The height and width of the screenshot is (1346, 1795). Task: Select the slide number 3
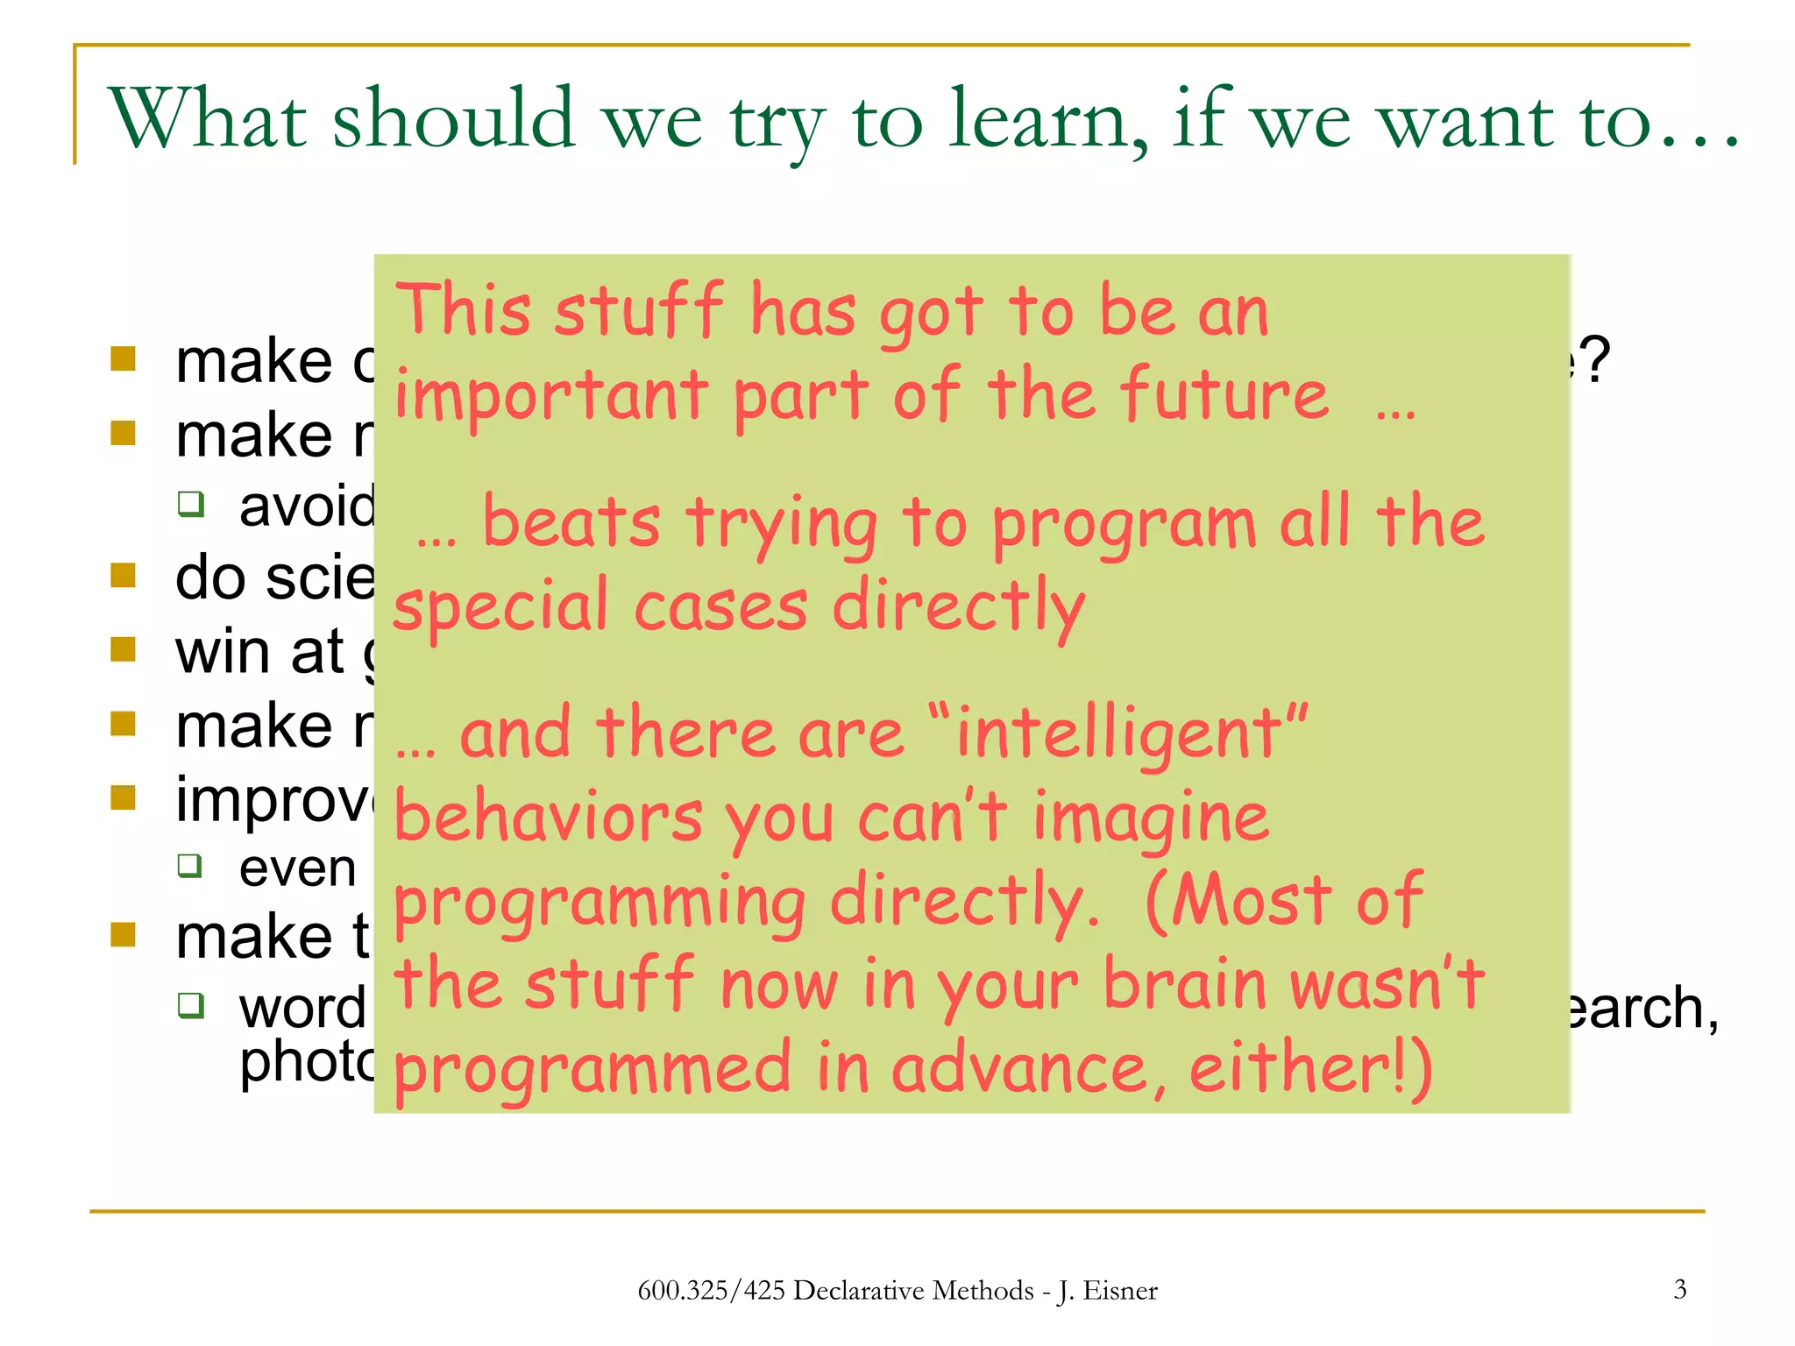(x=1679, y=1289)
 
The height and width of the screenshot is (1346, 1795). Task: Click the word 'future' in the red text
(x=1223, y=395)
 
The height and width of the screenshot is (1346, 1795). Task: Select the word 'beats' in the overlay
(x=571, y=523)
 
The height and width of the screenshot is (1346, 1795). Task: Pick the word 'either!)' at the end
(x=1309, y=1068)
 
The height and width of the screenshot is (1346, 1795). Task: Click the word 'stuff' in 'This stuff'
(x=638, y=311)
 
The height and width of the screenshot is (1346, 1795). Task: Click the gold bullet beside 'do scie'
(x=124, y=576)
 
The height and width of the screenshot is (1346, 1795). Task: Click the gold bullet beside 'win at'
(x=124, y=649)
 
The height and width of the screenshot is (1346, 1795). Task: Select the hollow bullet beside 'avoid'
(x=191, y=504)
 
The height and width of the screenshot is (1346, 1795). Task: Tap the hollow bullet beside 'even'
(x=190, y=866)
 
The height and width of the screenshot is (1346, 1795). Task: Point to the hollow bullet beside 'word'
(x=191, y=1004)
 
